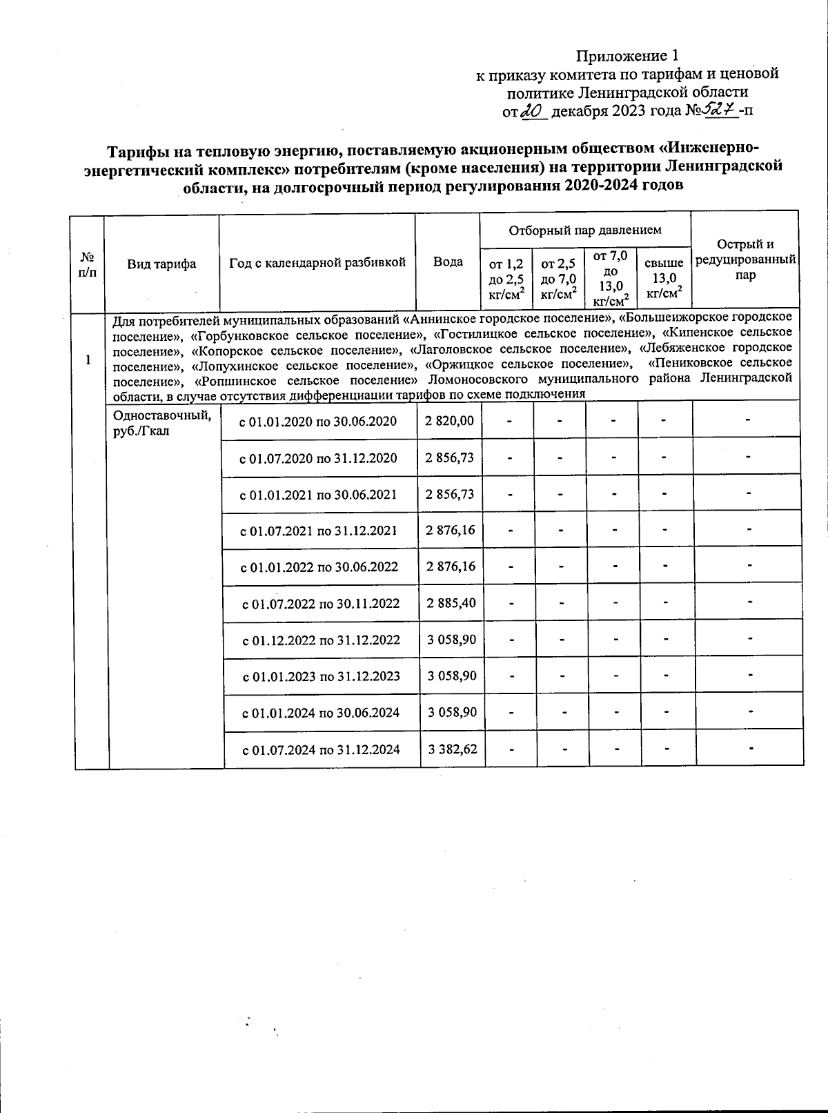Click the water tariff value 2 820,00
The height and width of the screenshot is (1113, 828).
click(x=450, y=420)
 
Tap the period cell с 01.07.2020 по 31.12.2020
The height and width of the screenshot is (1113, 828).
click(x=318, y=457)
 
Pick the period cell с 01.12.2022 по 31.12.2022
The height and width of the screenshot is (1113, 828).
click(x=322, y=640)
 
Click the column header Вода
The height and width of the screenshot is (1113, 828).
click(x=448, y=262)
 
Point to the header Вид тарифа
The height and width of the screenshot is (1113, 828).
click(x=161, y=264)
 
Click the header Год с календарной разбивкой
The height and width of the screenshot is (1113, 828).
click(x=317, y=262)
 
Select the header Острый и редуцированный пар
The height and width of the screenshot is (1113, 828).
click(x=745, y=259)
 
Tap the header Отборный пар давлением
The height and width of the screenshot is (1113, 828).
click(x=585, y=230)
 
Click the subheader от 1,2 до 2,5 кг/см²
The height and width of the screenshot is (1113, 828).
click(x=506, y=279)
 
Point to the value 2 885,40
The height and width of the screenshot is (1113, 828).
click(x=451, y=603)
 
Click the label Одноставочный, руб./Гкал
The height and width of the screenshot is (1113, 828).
click(x=161, y=422)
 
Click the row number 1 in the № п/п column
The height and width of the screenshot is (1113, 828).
click(x=88, y=359)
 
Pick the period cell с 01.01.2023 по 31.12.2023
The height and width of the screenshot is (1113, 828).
click(x=322, y=676)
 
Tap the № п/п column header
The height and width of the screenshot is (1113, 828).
click(x=87, y=264)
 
